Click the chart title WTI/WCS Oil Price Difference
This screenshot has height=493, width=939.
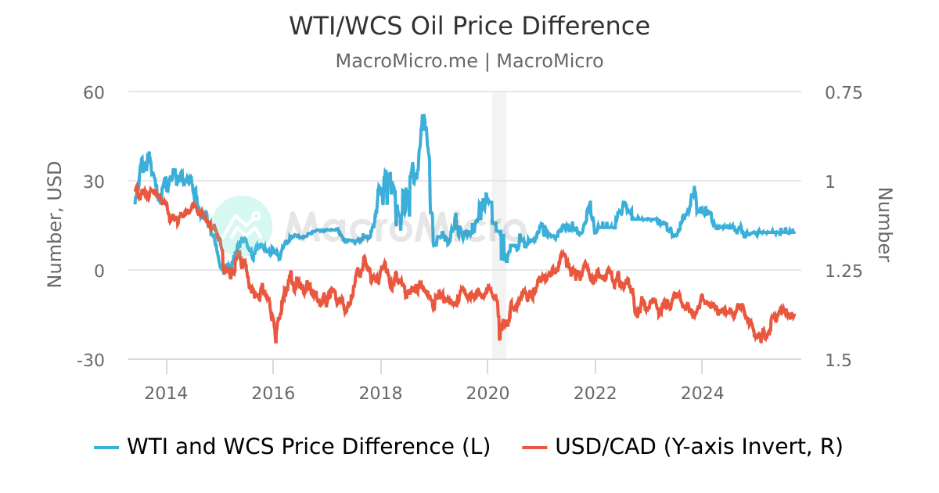click(469, 26)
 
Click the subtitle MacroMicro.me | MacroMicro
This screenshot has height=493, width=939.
click(469, 61)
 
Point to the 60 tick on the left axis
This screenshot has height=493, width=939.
click(94, 92)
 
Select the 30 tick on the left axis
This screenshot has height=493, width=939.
click(94, 182)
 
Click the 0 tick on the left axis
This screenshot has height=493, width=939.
click(99, 271)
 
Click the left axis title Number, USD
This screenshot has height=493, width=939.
click(55, 225)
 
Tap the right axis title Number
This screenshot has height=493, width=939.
click(884, 225)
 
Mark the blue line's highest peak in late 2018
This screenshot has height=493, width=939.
click(423, 116)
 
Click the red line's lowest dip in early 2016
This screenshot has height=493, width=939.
click(275, 341)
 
